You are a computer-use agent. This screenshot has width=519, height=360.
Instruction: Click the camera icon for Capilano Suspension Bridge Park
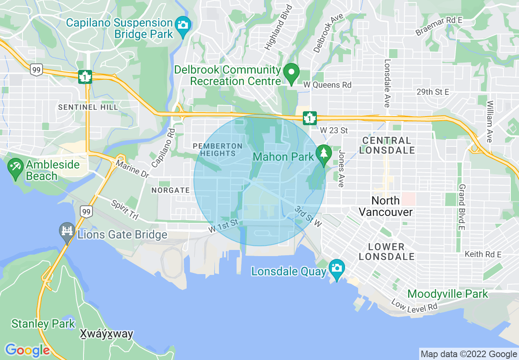(183, 25)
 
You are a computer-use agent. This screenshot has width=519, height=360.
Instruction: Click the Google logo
(27, 350)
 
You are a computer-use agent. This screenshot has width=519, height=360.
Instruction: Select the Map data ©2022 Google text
(469, 354)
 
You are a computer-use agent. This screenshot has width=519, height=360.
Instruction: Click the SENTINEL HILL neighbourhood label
(88, 107)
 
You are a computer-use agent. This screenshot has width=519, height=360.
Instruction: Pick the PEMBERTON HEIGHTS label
(218, 150)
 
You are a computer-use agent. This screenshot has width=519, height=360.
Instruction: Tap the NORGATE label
(171, 190)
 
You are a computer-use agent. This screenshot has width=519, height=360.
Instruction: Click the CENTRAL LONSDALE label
(386, 145)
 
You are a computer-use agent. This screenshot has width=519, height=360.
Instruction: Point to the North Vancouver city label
(386, 206)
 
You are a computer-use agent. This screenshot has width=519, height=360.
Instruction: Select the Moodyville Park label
(448, 294)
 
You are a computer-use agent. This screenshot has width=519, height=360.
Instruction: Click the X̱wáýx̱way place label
(106, 334)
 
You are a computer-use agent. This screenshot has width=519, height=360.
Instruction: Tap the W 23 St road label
(334, 130)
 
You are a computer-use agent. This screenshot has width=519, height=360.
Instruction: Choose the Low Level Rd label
(414, 306)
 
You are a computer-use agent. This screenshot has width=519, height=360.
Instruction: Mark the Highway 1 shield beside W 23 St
(310, 118)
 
